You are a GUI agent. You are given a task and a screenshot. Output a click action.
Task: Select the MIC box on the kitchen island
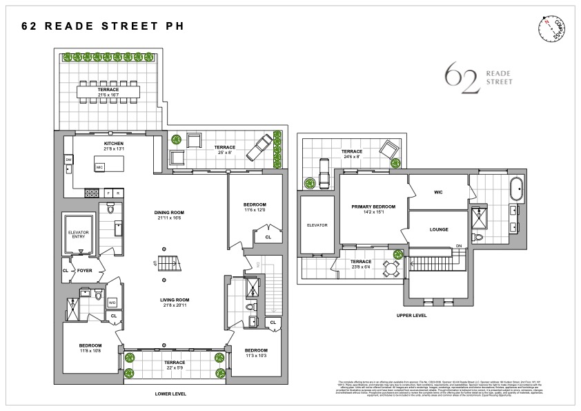(99, 167)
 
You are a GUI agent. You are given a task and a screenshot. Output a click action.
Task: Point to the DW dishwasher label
(69, 160)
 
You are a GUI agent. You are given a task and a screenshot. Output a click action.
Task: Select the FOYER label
(84, 271)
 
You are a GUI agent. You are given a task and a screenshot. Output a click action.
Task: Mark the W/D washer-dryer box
(112, 302)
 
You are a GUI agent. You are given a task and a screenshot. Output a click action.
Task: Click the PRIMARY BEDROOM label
(375, 206)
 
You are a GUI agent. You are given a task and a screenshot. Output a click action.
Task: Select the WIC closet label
(437, 192)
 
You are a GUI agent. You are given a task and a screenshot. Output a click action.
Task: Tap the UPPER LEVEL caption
(412, 315)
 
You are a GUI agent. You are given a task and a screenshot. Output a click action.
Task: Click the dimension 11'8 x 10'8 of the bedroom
(90, 351)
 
